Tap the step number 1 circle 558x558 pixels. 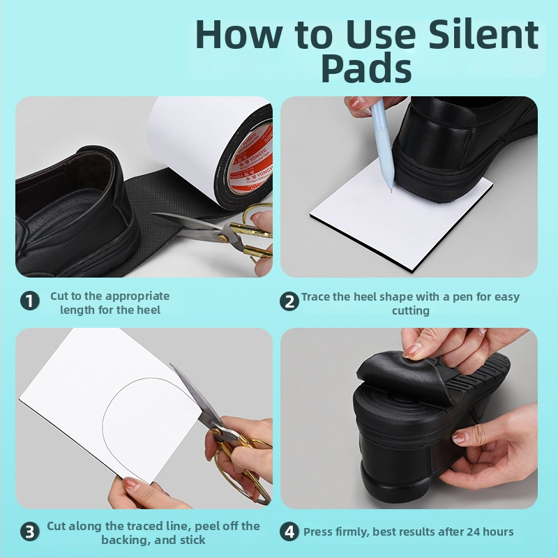[x=29, y=301]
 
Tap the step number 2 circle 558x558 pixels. [x=289, y=301]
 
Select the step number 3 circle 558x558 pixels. [x=29, y=532]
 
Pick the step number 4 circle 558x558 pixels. [x=289, y=531]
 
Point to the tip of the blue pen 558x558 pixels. [x=391, y=192]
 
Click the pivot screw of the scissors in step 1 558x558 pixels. [x=223, y=238]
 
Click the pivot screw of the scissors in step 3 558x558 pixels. [x=216, y=431]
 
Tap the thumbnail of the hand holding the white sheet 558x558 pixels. [x=130, y=484]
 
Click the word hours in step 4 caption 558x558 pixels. [x=499, y=531]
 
